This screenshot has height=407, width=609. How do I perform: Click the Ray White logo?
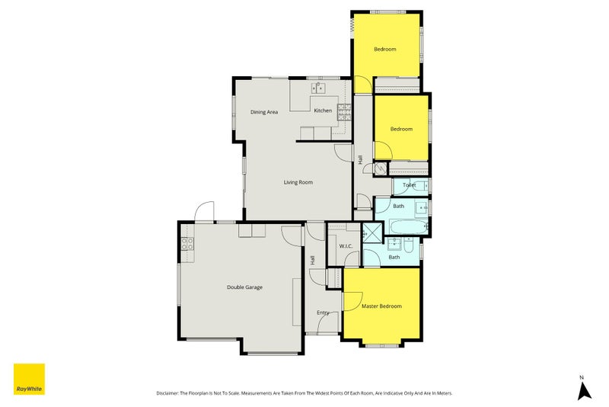pyautogui.click(x=29, y=379)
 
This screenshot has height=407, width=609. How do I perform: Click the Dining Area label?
pyautogui.click(x=264, y=112)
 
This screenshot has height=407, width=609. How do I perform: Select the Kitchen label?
pyautogui.click(x=323, y=111)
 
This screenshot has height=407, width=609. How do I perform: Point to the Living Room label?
pyautogui.click(x=298, y=182)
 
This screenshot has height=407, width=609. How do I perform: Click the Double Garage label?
pyautogui.click(x=244, y=287)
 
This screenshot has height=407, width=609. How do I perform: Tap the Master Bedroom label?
pyautogui.click(x=381, y=306)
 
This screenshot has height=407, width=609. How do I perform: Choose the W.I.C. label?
pyautogui.click(x=346, y=246)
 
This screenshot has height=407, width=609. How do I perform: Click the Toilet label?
pyautogui.click(x=410, y=185)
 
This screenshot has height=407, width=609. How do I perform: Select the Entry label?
pyautogui.click(x=323, y=312)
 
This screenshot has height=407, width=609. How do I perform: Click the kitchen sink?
pyautogui.click(x=318, y=88)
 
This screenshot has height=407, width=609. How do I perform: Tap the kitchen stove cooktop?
pyautogui.click(x=344, y=112)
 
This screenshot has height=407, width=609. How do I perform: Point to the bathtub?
pyautogui.click(x=409, y=227)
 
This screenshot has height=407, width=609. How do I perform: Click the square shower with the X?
pyautogui.click(x=372, y=233)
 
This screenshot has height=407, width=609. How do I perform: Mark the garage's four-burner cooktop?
pyautogui.click(x=187, y=244)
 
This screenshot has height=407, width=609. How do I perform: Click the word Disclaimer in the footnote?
pyautogui.click(x=167, y=393)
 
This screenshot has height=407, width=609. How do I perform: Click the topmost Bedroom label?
pyautogui.click(x=385, y=49)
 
